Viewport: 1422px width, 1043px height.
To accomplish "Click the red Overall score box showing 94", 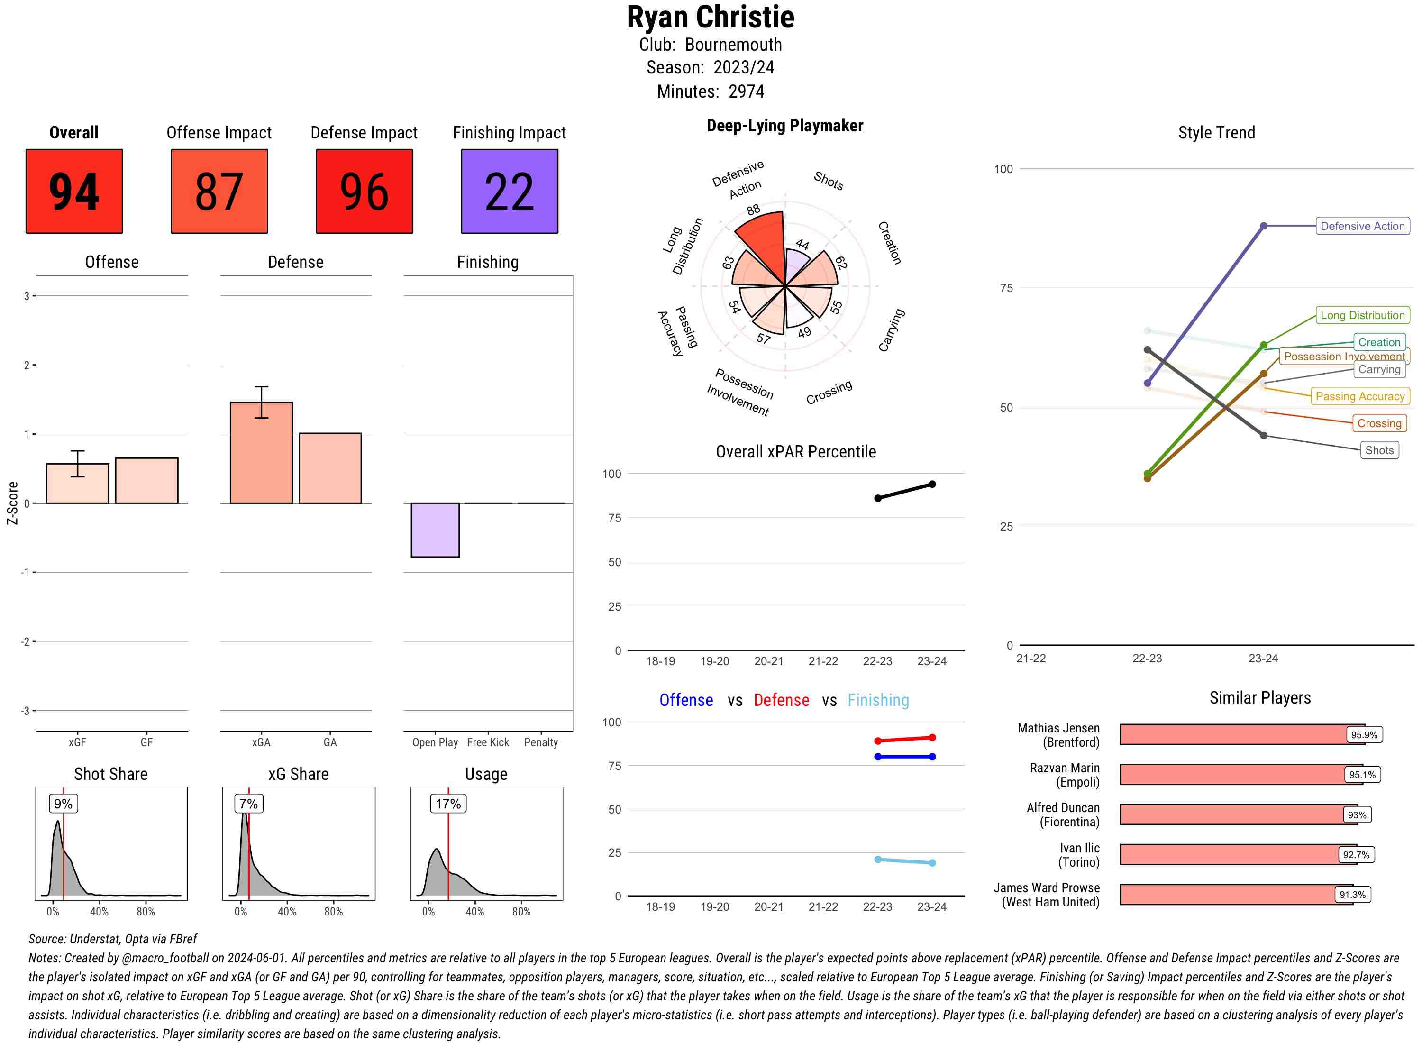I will [x=74, y=192].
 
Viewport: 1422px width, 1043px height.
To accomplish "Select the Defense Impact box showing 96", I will [x=364, y=192].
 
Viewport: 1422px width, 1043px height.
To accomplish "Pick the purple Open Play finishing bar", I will [x=435, y=530].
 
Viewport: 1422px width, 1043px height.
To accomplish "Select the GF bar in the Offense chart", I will [x=146, y=480].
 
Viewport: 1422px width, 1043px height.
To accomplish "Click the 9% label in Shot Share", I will [x=63, y=804].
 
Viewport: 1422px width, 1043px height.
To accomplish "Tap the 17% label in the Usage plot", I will [x=447, y=804].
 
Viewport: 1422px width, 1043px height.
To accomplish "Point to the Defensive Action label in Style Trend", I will [x=1362, y=226].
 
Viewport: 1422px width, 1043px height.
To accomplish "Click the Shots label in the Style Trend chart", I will [x=1378, y=450].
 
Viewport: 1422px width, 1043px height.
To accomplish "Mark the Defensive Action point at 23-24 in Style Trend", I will [x=1263, y=226].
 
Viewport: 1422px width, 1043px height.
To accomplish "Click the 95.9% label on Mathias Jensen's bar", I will [x=1363, y=735].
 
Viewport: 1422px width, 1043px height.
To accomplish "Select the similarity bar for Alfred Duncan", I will [x=1231, y=814].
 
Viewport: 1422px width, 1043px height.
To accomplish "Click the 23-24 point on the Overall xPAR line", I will [x=931, y=484].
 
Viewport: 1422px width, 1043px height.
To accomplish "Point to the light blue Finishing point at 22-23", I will [x=877, y=859].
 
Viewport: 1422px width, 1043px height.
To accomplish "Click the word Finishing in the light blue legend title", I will [x=878, y=700].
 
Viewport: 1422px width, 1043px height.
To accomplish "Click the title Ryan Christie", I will [x=710, y=18].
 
